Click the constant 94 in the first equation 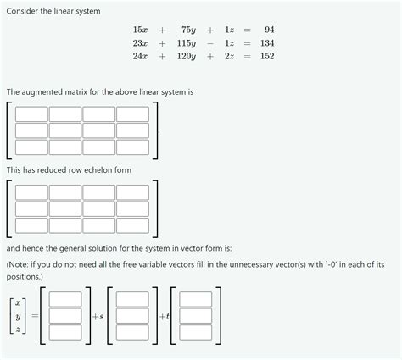coord(269,30)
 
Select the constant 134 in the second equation coord(267,42)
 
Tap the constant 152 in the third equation coord(267,56)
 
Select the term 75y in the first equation coord(189,30)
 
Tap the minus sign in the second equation coord(209,42)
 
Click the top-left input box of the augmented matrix coord(31,114)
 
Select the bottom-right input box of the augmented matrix coord(132,147)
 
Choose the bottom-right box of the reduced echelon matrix coord(132,225)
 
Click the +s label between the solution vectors coord(98,316)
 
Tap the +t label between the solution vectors coord(163,316)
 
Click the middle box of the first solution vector coord(65,315)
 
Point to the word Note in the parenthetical coord(20,264)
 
